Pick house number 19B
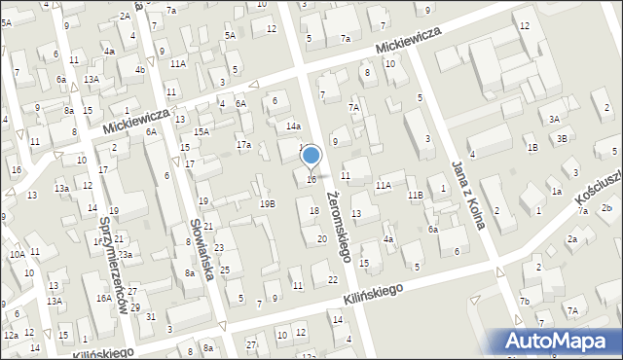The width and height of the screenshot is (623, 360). (x=267, y=203)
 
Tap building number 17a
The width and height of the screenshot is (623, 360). (x=243, y=145)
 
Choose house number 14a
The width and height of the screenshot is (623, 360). (x=293, y=126)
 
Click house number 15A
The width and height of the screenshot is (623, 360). (x=201, y=131)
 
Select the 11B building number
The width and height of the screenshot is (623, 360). (x=416, y=196)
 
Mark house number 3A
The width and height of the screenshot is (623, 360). (x=554, y=119)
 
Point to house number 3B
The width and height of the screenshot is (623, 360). (x=562, y=138)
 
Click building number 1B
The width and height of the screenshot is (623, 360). (x=531, y=147)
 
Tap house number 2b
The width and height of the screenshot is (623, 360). (x=606, y=209)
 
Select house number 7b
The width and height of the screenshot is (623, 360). (x=524, y=302)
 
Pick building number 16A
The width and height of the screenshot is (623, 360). (x=103, y=299)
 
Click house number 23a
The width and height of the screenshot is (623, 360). (x=125, y=254)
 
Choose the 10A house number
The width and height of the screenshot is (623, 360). (x=17, y=254)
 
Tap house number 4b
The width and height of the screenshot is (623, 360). (x=140, y=70)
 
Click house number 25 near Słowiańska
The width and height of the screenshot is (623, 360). (x=225, y=270)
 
